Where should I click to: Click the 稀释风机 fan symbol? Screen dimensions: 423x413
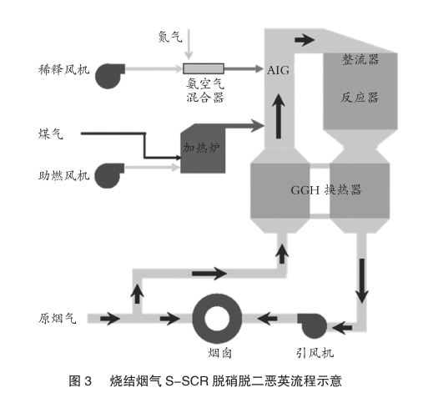(109, 76)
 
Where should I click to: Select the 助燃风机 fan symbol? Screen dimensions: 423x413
(108, 175)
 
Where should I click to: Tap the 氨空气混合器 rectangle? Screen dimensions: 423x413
(204, 68)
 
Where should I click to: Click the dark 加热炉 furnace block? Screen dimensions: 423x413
(203, 149)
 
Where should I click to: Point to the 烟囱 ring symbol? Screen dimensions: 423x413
(217, 319)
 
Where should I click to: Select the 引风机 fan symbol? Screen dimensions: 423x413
(312, 326)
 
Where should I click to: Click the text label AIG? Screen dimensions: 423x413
(278, 70)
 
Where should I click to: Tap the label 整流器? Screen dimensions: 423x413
(360, 59)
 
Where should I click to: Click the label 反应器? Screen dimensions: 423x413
(360, 98)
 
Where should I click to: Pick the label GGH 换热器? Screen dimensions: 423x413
(326, 190)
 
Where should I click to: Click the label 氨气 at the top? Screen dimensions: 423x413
(170, 37)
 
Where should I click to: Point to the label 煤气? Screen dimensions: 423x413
(51, 133)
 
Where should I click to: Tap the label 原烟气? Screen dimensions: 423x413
(57, 318)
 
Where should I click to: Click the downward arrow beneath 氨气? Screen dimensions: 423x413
(189, 44)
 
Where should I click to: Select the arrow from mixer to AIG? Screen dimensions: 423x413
(244, 68)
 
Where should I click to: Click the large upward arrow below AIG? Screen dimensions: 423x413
(279, 116)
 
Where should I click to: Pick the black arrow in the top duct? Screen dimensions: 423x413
(305, 40)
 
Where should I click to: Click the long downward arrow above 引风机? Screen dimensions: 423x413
(362, 281)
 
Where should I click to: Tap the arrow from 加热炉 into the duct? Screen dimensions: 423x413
(244, 126)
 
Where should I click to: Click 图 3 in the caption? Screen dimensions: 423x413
(80, 380)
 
